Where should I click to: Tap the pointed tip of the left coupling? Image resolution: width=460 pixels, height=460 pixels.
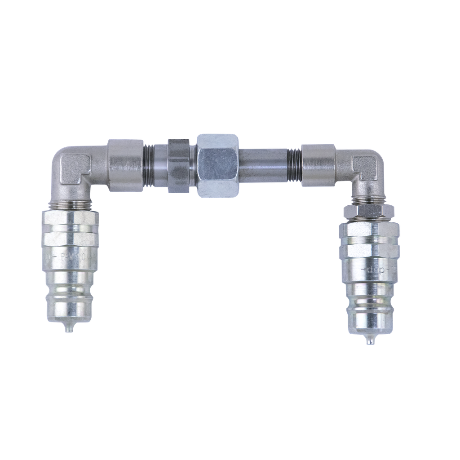click(x=68, y=329)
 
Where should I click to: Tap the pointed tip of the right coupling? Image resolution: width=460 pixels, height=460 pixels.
click(x=369, y=341)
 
